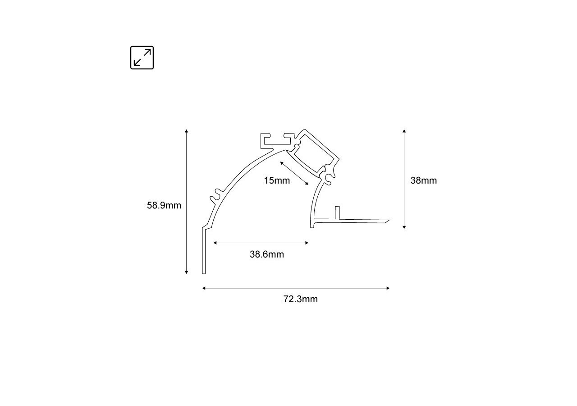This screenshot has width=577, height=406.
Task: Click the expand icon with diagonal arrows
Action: tap(142, 58)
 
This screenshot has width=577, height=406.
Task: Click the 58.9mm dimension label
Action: tap(164, 206)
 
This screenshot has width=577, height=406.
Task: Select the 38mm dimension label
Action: tap(424, 180)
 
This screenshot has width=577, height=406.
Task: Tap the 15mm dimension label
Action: tap(277, 181)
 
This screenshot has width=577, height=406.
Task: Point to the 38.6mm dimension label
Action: tap(267, 254)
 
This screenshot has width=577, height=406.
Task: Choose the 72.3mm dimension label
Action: tap(301, 300)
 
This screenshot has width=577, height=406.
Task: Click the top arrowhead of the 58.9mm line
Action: tap(186, 131)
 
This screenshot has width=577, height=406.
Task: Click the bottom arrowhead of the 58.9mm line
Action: tap(186, 272)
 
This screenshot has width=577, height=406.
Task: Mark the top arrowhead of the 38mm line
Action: tap(404, 131)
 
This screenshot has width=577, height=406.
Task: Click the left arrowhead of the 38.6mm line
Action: tap(215, 243)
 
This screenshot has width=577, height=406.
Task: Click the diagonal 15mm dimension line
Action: tap(294, 173)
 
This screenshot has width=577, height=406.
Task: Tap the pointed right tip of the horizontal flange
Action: tap(388, 221)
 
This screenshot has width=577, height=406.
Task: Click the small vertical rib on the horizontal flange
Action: tap(336, 212)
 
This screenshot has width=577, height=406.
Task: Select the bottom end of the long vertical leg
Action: tap(204, 272)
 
